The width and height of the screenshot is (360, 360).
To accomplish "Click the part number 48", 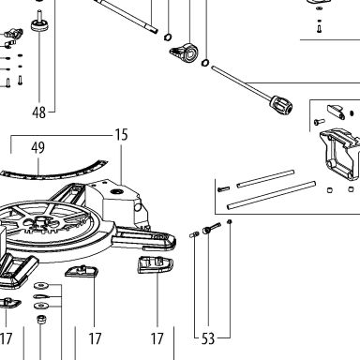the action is [38, 112].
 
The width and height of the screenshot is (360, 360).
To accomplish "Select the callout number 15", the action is [121, 135].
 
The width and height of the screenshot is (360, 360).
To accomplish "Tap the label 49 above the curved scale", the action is [37, 147].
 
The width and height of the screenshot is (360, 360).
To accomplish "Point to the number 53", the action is [208, 338].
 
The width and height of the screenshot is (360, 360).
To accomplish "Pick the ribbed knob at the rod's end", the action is [282, 106].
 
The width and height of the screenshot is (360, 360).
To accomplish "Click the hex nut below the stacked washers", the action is [41, 320].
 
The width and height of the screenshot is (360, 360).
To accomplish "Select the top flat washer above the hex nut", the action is [40, 285].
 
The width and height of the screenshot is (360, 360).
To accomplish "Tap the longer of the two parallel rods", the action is [271, 195].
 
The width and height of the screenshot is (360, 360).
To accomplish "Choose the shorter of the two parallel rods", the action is [265, 179].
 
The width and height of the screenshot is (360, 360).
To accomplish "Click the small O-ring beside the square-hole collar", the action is [205, 63].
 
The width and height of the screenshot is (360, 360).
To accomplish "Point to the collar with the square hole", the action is [185, 53].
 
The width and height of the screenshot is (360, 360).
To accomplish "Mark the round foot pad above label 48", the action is [39, 24].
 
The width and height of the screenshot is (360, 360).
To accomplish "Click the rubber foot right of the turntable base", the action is [156, 265].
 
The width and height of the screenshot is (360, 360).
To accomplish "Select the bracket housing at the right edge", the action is [340, 156].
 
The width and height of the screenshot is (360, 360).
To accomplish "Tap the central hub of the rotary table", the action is [40, 220].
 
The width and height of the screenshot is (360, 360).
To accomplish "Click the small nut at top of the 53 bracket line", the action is [230, 222].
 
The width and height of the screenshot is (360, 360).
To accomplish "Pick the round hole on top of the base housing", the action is [117, 190].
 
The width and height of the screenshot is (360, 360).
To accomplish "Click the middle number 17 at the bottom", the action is [95, 338].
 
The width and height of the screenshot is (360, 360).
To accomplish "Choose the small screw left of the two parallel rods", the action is [223, 189].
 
